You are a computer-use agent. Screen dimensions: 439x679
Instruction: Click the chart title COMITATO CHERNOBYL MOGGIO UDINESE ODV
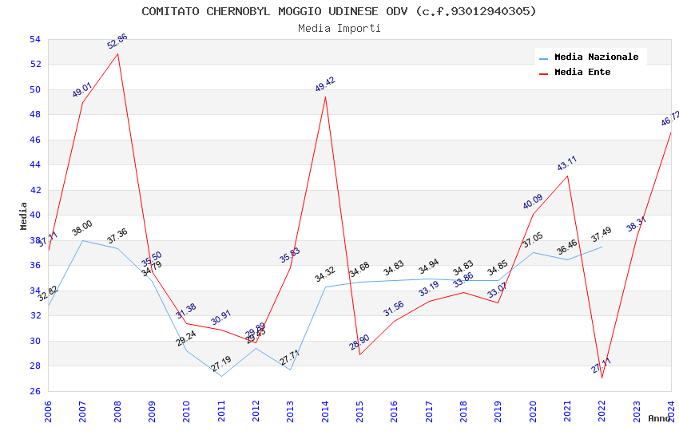(x=339, y=11)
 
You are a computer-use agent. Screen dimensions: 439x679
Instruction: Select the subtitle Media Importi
(x=339, y=28)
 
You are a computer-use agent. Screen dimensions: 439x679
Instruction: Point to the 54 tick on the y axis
(x=34, y=39)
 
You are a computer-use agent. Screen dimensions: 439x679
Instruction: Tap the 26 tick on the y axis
(x=34, y=391)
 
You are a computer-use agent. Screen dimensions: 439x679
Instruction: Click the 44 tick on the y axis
(x=34, y=165)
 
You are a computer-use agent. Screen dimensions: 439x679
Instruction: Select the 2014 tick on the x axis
(x=325, y=410)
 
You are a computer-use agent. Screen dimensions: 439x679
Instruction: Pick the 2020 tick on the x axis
(x=533, y=410)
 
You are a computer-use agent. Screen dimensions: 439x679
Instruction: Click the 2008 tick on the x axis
(x=117, y=410)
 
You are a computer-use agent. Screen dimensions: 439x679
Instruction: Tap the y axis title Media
(x=23, y=216)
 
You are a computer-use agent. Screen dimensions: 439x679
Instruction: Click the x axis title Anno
(x=659, y=418)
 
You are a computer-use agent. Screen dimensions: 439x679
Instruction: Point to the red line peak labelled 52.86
(x=118, y=53)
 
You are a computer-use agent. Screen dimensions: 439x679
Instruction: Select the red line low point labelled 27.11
(x=602, y=378)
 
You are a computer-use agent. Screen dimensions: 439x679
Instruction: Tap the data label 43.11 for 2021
(x=567, y=164)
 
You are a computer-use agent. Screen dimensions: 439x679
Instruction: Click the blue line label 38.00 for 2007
(x=82, y=228)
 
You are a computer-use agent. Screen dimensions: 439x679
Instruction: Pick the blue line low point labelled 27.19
(x=221, y=376)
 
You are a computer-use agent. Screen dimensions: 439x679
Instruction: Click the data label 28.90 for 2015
(x=359, y=344)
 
